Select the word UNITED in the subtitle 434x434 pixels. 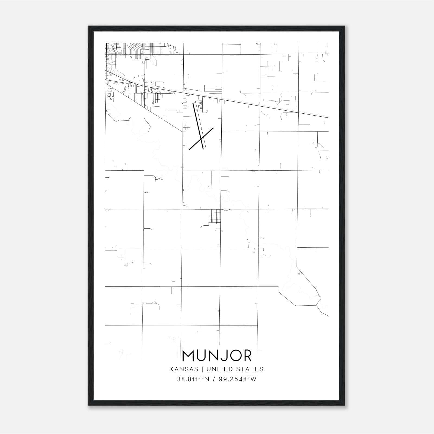point(220,369)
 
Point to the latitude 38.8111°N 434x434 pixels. point(193,379)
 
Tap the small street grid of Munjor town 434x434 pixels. point(215,216)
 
